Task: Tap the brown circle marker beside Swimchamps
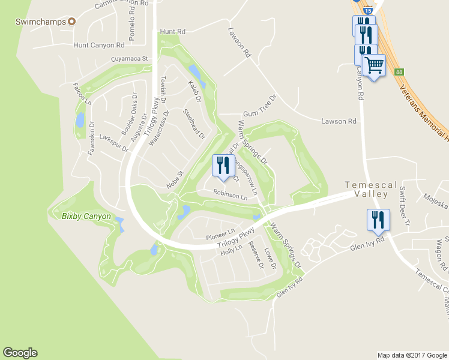[71, 22]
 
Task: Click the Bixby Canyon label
[86, 216]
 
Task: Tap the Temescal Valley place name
[371, 190]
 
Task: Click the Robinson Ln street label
[230, 196]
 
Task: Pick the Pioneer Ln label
[220, 233]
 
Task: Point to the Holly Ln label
[231, 250]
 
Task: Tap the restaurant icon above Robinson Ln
[223, 166]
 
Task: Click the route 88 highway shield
[399, 72]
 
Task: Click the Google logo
[20, 353]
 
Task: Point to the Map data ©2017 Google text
[411, 355]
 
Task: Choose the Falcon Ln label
[82, 95]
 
